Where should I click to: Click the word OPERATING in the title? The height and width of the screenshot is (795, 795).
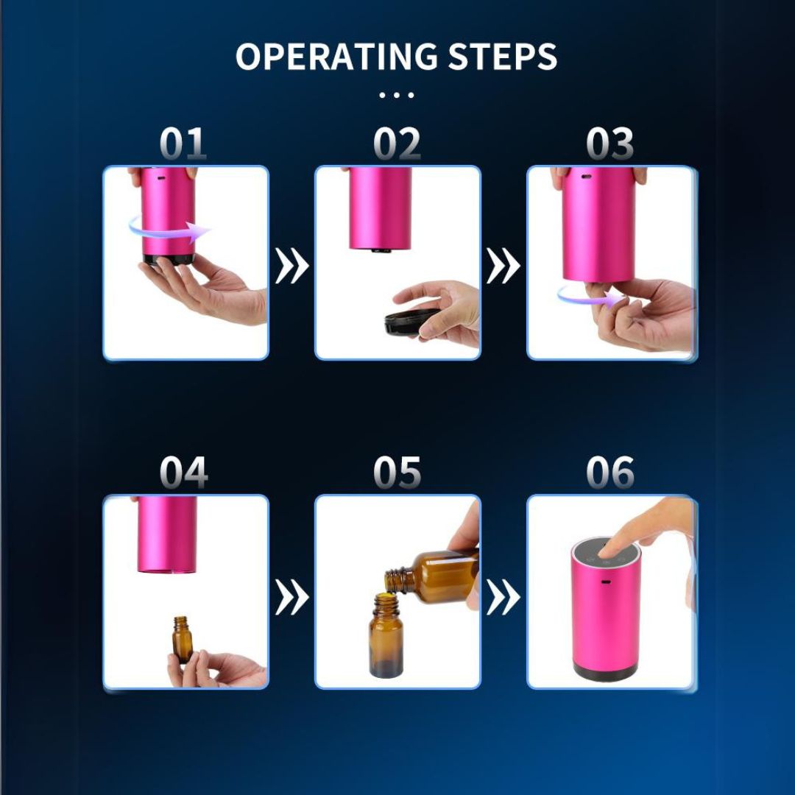click(x=336, y=56)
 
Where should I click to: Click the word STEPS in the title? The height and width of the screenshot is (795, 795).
click(x=503, y=56)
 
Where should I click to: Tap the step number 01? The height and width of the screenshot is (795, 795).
click(x=183, y=144)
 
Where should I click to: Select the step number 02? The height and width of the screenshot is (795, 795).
click(x=397, y=144)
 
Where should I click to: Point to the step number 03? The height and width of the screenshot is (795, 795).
click(x=610, y=144)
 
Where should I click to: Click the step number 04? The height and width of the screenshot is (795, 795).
click(x=183, y=472)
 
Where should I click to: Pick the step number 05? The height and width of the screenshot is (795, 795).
click(x=397, y=472)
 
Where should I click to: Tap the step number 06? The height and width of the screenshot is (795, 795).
click(x=610, y=472)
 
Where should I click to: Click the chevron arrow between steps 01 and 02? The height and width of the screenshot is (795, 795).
click(x=291, y=266)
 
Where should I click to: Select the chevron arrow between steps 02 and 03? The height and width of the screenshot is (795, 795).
click(x=503, y=266)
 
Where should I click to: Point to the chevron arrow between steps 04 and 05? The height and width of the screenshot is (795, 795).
click(x=291, y=597)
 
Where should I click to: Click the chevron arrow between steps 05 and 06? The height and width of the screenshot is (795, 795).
click(x=503, y=597)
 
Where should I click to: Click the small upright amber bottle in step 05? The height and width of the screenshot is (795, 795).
click(x=386, y=636)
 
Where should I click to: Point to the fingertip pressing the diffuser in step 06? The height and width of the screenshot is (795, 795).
click(x=609, y=551)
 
